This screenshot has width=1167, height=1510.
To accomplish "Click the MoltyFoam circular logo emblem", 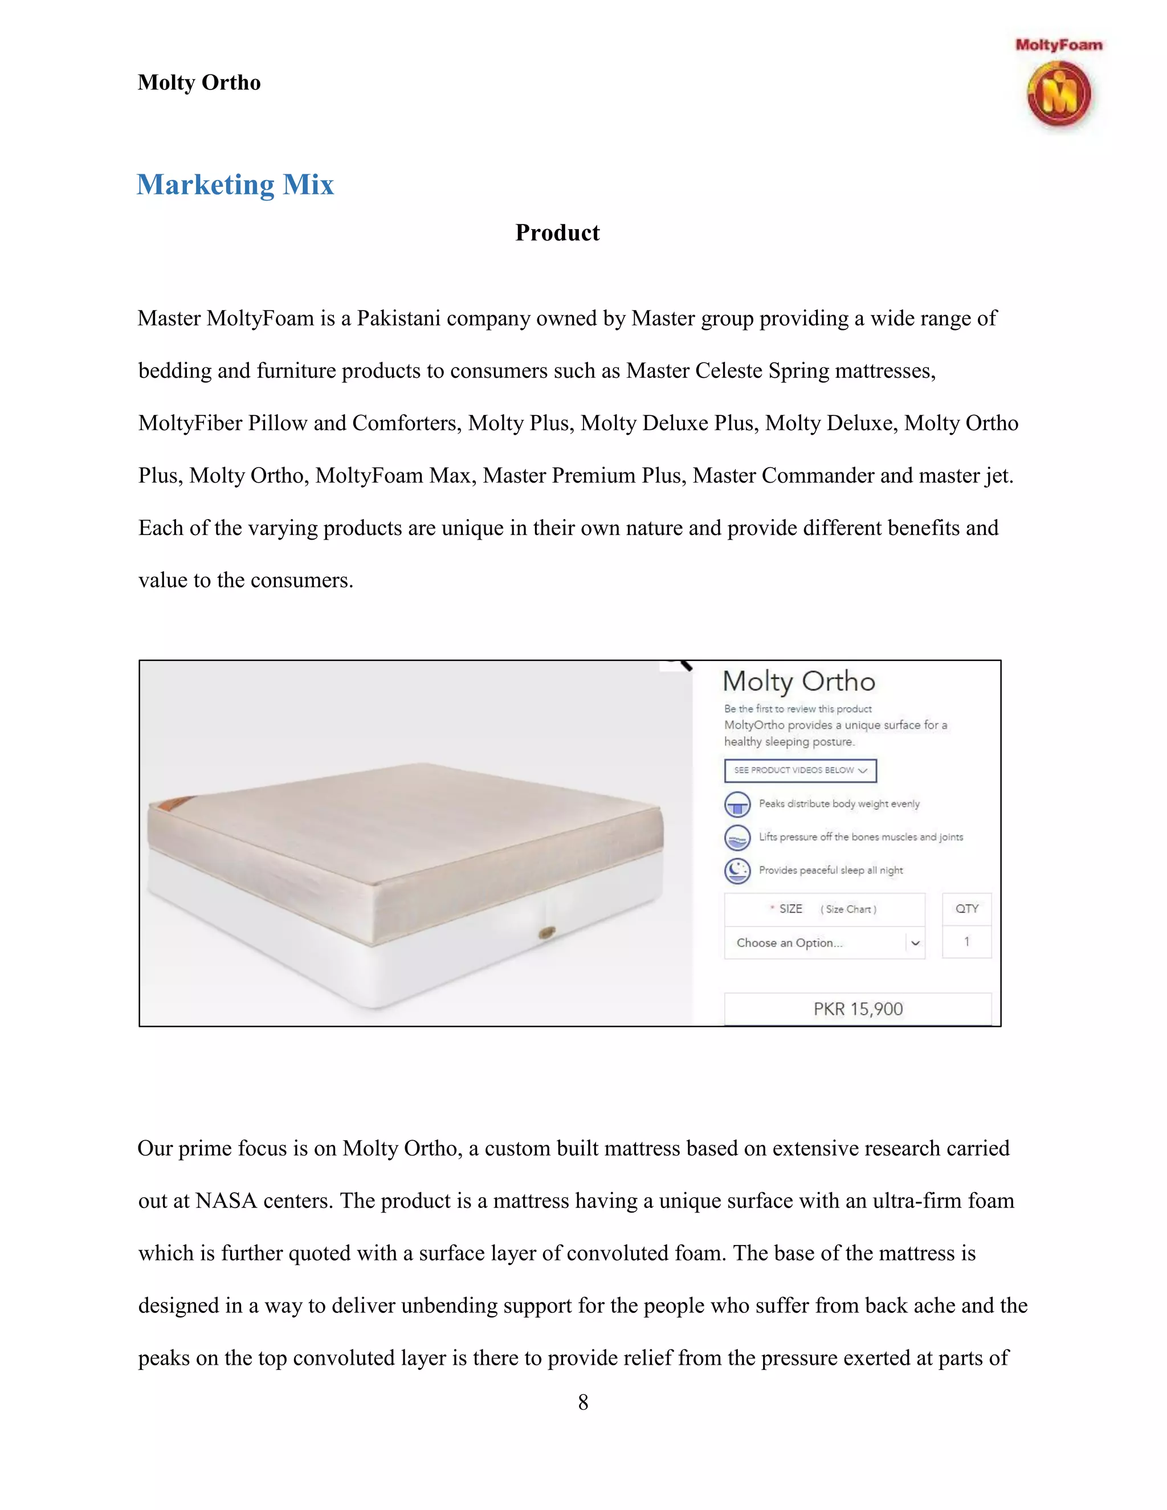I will point(1059,95).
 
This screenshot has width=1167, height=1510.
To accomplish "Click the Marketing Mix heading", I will point(235,185).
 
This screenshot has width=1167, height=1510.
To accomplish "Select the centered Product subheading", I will point(557,233).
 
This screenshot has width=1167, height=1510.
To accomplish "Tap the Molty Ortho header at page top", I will point(199,82).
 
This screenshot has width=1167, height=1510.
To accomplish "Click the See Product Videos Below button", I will point(800,770).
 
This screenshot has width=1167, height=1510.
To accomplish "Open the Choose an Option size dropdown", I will point(824,943).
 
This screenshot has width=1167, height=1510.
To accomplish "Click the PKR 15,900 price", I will point(858,1009).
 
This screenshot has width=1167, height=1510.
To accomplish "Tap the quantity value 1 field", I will point(966,942).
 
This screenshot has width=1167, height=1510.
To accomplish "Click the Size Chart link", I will point(848,909).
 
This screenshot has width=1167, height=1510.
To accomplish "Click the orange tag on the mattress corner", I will point(170,805).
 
